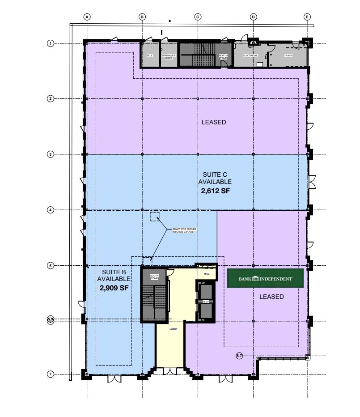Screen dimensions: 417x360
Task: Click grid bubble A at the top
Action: coord(87,17)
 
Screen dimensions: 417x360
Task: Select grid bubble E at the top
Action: coord(307,17)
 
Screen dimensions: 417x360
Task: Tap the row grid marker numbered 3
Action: coord(51,154)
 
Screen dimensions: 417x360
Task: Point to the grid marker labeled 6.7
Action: coord(239,356)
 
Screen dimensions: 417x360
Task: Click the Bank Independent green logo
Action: coord(265,278)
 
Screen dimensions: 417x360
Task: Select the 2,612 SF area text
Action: coord(216,190)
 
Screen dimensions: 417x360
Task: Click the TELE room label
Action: coord(150,56)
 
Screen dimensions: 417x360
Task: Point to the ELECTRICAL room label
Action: coord(250,56)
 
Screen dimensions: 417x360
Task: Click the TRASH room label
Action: coord(288,56)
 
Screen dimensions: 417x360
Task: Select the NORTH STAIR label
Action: coord(223,57)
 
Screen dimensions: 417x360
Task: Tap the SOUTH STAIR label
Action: coord(154,277)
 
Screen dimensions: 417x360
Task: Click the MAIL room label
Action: coord(207,273)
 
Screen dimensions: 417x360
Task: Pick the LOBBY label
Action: coord(174,329)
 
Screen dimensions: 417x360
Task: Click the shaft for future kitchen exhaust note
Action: coord(184,231)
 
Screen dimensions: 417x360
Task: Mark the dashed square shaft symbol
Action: coord(155,217)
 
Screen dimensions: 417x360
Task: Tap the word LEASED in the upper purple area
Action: coord(213,122)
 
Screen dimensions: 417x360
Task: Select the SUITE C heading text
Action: coord(215,175)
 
